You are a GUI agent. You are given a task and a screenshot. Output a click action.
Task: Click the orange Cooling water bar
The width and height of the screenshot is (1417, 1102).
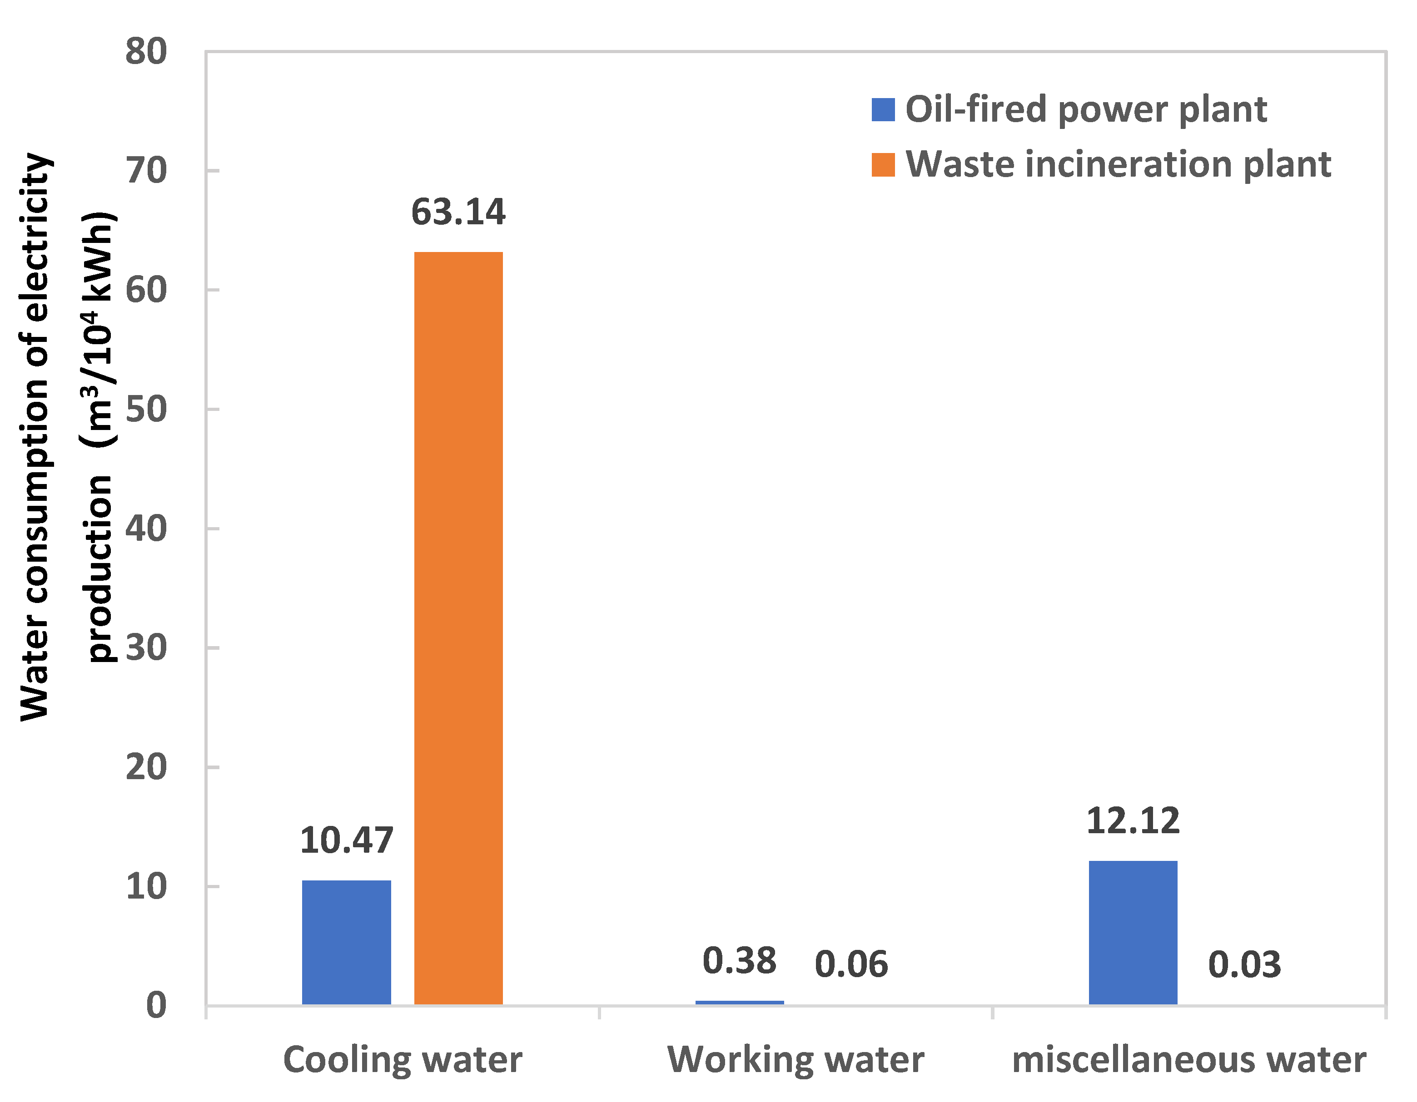click(x=458, y=628)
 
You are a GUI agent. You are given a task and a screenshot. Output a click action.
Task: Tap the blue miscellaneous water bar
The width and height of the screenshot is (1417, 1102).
click(x=1133, y=932)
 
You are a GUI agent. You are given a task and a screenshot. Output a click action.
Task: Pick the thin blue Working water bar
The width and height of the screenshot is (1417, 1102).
click(x=740, y=1003)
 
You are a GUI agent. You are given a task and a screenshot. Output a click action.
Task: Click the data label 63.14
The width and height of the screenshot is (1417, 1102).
click(x=458, y=212)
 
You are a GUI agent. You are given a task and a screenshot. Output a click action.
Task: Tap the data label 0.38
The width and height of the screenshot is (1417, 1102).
click(x=740, y=961)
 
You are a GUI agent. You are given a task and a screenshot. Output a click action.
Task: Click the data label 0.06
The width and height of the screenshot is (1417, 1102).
click(x=851, y=964)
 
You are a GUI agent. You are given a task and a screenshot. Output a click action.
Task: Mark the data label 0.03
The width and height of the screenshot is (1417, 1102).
click(x=1244, y=964)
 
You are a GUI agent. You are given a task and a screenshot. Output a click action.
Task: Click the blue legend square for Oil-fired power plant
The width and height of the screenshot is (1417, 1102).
click(x=883, y=109)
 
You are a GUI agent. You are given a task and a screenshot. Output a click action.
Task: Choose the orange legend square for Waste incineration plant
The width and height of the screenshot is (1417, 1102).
click(x=883, y=165)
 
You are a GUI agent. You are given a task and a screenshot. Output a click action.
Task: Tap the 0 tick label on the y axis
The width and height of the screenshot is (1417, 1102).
click(x=156, y=1006)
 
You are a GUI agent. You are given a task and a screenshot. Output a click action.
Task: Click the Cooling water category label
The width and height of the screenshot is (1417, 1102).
click(x=402, y=1060)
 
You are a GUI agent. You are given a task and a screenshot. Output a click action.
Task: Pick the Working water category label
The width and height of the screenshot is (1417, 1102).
click(x=796, y=1060)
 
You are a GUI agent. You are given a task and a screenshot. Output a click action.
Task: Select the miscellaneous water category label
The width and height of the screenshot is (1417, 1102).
click(x=1188, y=1060)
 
